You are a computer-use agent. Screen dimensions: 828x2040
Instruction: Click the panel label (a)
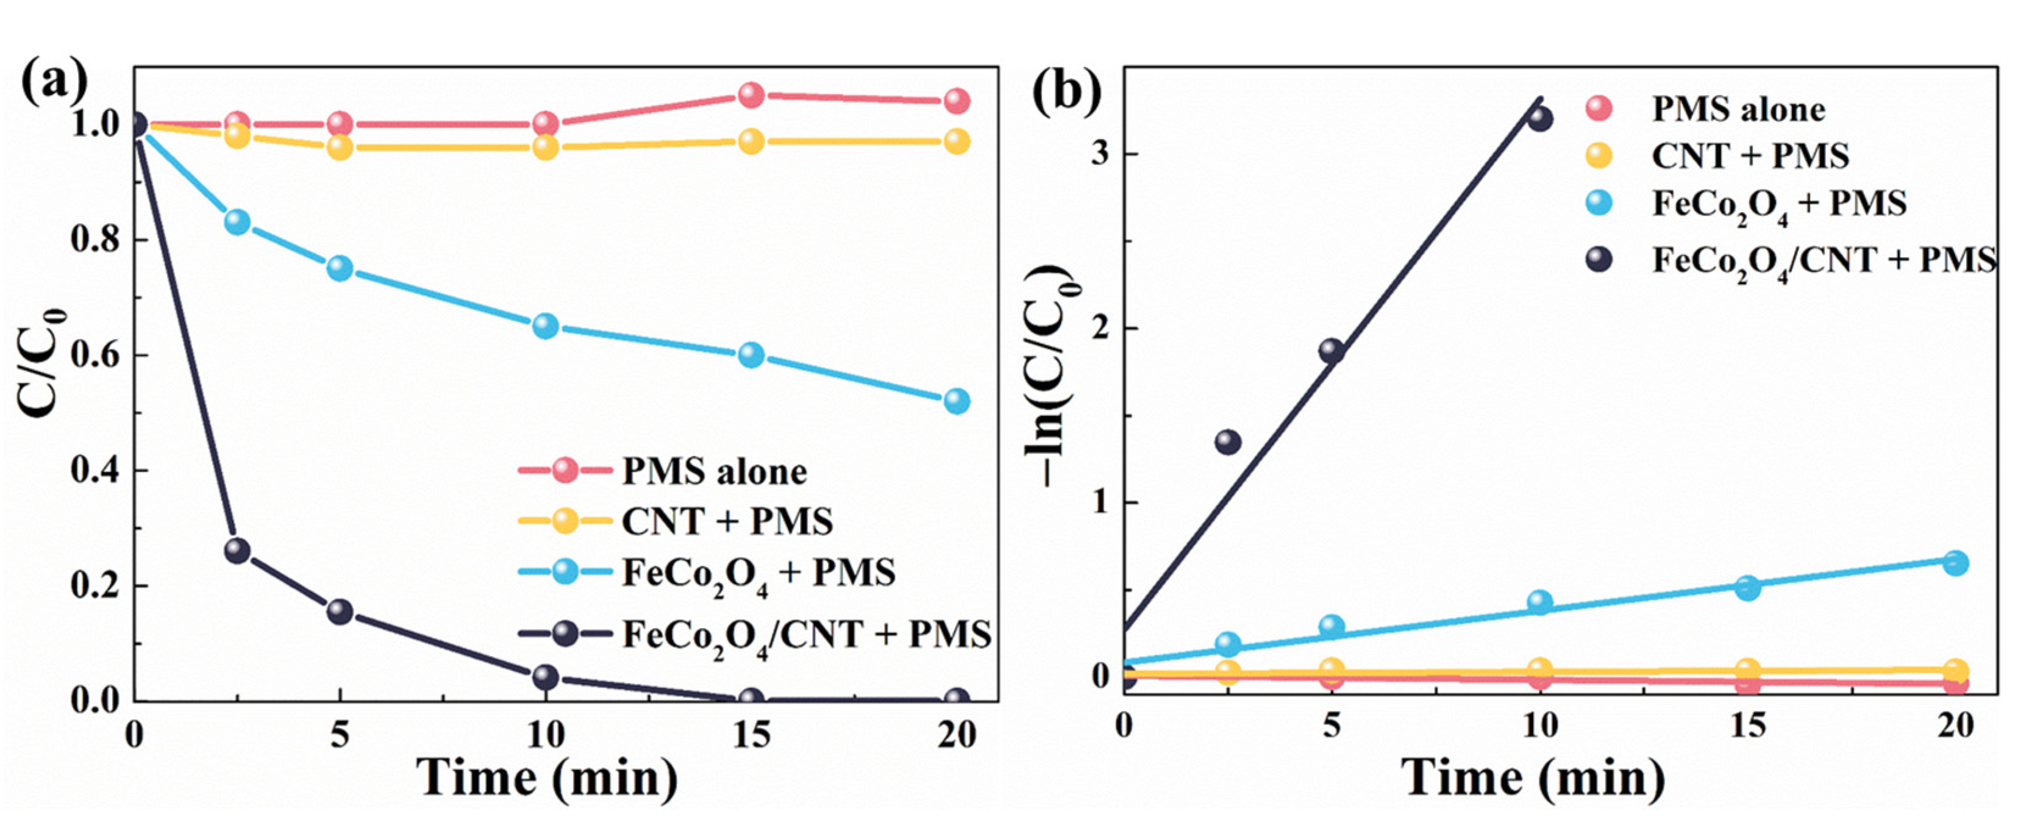point(54,82)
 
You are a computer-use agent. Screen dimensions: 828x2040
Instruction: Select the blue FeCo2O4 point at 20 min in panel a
point(957,401)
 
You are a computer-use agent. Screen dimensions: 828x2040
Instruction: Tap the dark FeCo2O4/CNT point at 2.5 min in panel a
point(237,551)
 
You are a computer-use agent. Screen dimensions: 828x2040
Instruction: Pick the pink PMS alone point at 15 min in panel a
point(751,95)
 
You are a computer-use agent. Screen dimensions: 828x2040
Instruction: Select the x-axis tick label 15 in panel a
point(750,736)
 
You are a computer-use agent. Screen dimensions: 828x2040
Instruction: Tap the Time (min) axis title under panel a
point(546,779)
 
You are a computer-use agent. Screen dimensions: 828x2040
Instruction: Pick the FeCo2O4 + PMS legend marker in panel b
point(1599,204)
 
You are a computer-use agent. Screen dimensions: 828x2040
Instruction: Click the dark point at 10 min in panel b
point(1539,120)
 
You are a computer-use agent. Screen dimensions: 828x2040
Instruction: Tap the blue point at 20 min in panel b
point(1955,563)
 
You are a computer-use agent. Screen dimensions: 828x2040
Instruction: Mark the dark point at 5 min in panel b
point(1331,350)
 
